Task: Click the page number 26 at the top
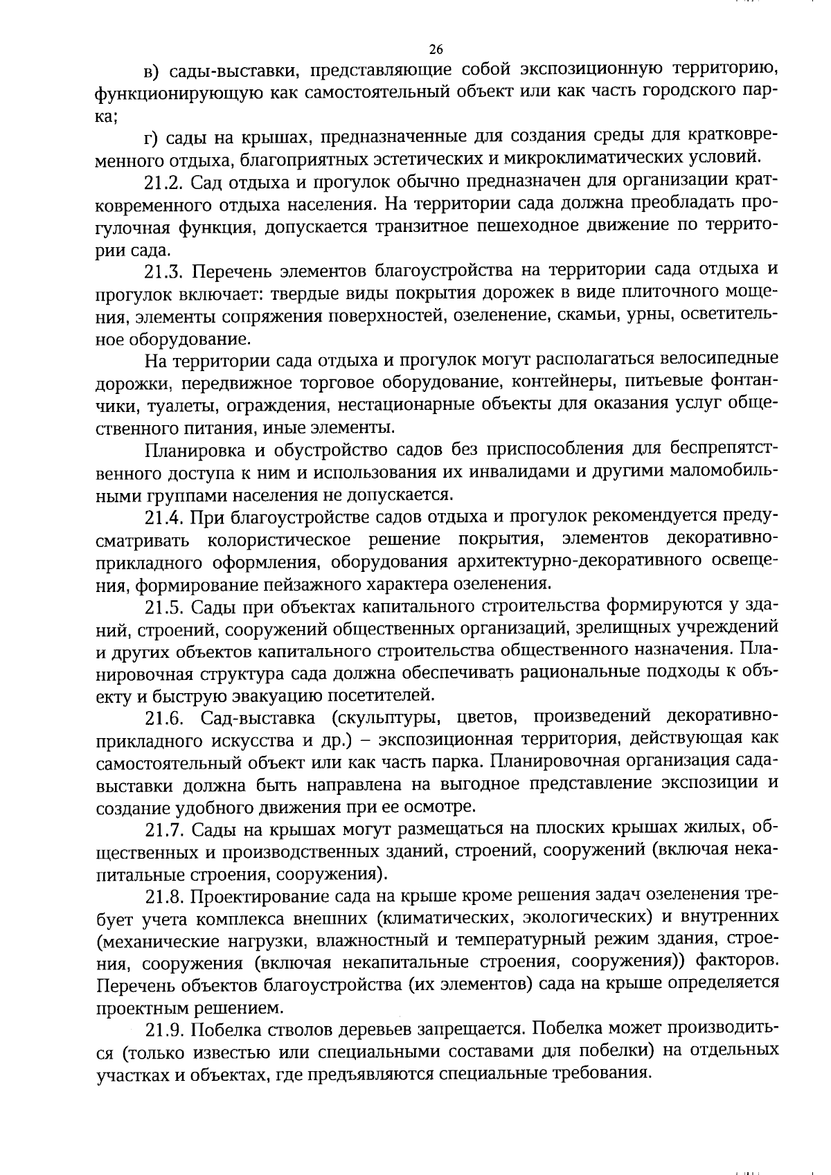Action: [x=436, y=49]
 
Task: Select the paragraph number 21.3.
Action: [x=163, y=271]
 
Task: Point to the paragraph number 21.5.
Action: [x=163, y=607]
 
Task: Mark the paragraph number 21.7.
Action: [x=163, y=829]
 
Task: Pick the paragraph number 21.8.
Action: [x=163, y=897]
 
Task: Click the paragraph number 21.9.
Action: [x=163, y=1030]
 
